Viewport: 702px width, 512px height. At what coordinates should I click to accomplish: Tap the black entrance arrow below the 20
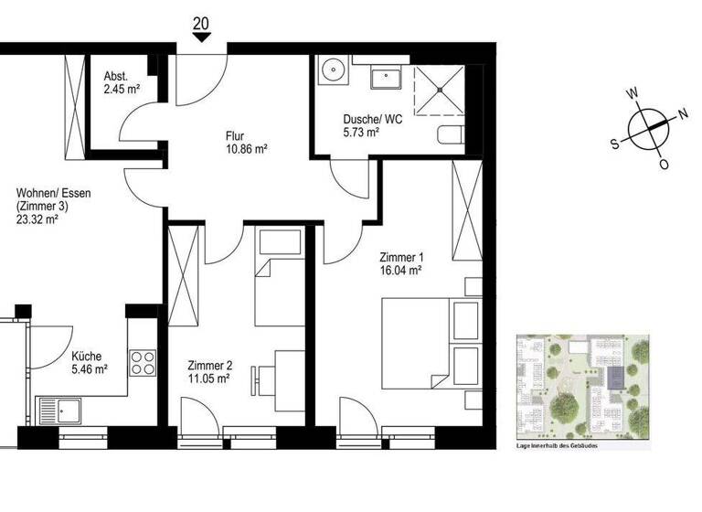[x=201, y=37]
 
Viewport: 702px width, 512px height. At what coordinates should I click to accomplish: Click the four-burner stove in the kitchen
[x=144, y=363]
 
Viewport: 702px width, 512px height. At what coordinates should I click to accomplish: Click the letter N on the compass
[x=682, y=114]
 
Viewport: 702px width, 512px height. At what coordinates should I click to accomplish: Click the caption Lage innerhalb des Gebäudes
[x=555, y=445]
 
